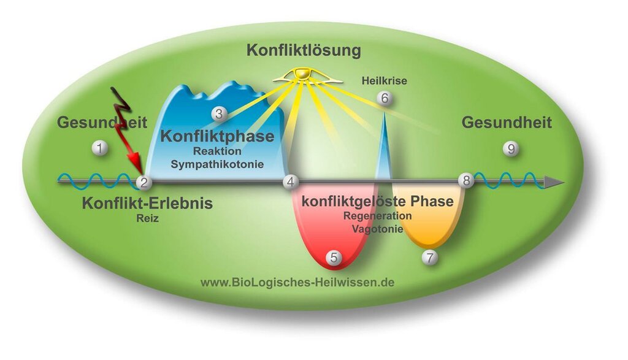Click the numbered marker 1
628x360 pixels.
point(99,148)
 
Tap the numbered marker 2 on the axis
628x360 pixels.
point(144,182)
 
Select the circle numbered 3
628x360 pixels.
point(219,113)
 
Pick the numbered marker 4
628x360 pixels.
point(291,182)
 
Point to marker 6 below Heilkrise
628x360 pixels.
point(385,98)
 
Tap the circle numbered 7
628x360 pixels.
point(430,258)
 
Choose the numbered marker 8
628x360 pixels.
point(466,180)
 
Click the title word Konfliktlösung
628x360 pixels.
point(304,50)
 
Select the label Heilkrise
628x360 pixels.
point(385,80)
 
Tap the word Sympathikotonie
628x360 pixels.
point(217,164)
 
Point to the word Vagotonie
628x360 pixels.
point(377,229)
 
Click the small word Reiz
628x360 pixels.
point(147,216)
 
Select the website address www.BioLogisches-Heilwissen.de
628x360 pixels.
point(297,283)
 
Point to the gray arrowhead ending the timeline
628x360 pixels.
point(554,182)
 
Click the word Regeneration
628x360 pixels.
point(377,216)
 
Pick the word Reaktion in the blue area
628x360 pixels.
point(217,151)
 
